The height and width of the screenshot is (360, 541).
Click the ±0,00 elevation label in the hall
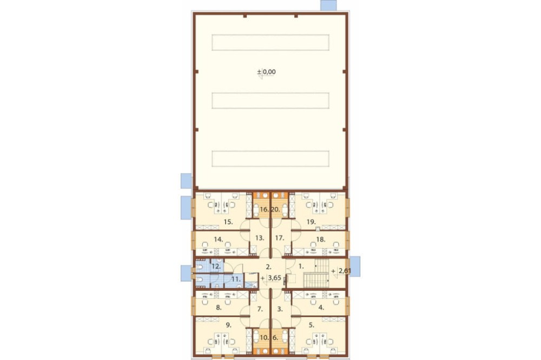point(266,72)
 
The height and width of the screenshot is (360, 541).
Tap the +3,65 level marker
point(271,278)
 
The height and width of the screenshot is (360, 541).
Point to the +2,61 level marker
point(341,271)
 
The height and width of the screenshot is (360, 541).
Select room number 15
point(228,222)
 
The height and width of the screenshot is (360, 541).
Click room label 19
point(311,222)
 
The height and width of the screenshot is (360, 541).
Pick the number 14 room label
point(218,238)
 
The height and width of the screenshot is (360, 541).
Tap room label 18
point(321,238)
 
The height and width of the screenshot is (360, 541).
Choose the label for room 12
point(216,266)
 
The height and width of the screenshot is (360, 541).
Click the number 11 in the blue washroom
point(236,279)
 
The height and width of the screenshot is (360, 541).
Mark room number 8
point(219,308)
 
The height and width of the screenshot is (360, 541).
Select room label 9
point(228,324)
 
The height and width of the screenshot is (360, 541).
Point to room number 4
point(321,308)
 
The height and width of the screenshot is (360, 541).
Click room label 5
point(312,324)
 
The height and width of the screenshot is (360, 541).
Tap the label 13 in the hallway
point(260,238)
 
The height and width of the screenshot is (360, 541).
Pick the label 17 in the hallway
point(280,238)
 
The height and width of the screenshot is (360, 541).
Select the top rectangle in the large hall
point(270,42)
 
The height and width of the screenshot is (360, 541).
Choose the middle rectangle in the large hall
point(270,101)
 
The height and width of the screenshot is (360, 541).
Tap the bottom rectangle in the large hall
point(270,158)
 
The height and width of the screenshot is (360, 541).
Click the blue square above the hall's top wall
point(328,5)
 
